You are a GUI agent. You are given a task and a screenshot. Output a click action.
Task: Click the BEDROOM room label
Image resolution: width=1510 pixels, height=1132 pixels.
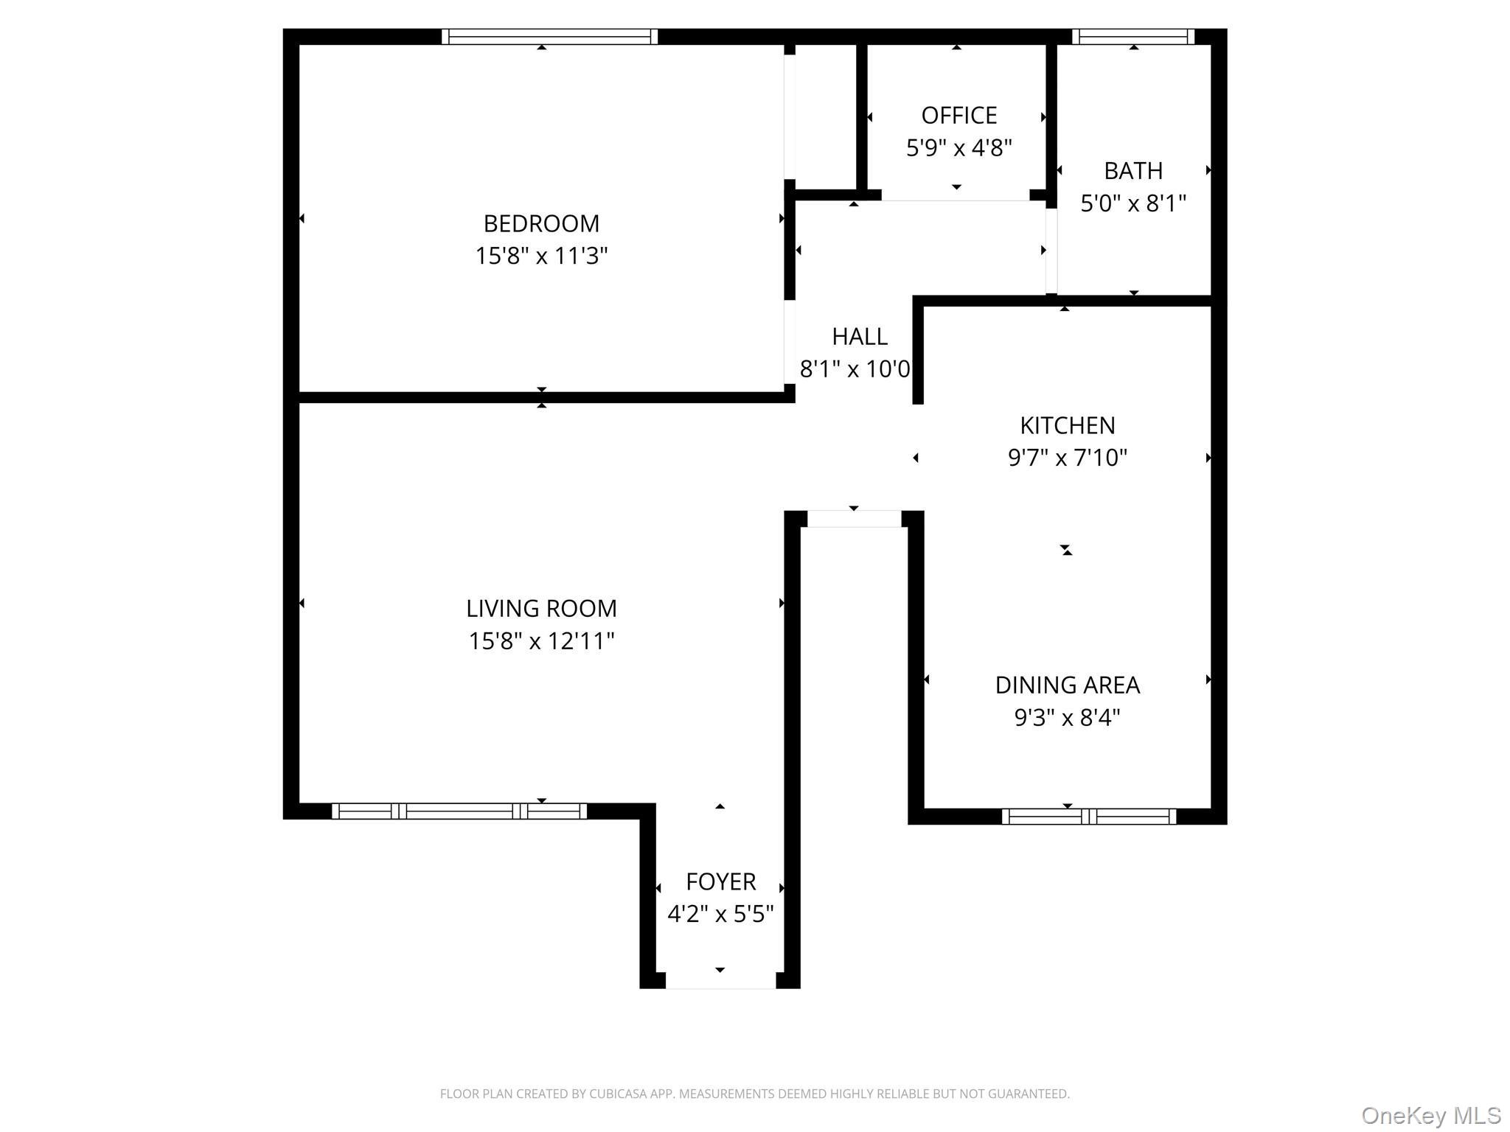[541, 223]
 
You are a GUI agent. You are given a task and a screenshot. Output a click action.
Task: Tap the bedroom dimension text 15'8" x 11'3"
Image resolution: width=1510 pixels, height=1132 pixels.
[541, 256]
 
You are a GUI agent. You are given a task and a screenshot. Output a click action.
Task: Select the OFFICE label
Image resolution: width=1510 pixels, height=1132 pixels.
[958, 116]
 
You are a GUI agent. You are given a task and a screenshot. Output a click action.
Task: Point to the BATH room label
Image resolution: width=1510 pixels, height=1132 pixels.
[1133, 171]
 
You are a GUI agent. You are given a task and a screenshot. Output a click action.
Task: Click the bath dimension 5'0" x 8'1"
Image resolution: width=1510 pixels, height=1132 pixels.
[1133, 203]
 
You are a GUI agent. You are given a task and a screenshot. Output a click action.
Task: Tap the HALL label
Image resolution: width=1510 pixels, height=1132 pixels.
[860, 337]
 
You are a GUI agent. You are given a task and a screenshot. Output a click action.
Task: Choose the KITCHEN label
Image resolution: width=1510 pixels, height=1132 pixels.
[1068, 425]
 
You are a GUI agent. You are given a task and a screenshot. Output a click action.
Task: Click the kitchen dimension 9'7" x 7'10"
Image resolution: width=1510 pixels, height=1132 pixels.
[1068, 458]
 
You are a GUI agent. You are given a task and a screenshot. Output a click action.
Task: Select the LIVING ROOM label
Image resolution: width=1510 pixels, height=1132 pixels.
[541, 609]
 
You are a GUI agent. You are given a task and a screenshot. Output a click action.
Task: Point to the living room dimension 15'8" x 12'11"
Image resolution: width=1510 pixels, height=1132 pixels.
[541, 641]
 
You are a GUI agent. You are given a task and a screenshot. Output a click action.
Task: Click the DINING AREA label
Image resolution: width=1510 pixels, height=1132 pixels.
[1068, 685]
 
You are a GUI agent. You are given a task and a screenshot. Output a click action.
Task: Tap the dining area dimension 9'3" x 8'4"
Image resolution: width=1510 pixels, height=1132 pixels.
[1068, 718]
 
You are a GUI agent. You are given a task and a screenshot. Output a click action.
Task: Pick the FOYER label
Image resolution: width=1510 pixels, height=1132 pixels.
[720, 882]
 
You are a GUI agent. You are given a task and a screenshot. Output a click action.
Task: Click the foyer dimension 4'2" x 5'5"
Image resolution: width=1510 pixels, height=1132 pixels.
[720, 915]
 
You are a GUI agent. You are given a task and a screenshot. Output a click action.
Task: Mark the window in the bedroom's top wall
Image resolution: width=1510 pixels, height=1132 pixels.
[549, 37]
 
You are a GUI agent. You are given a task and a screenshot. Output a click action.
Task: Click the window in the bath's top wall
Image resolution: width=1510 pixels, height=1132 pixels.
[1133, 37]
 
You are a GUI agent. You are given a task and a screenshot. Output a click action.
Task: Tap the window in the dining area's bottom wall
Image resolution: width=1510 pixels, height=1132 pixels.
[1089, 817]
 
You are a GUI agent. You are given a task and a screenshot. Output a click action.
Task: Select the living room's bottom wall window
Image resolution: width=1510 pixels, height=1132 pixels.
[459, 811]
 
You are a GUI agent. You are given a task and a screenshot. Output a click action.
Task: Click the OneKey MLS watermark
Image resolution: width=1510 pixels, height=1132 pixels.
[1431, 1116]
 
